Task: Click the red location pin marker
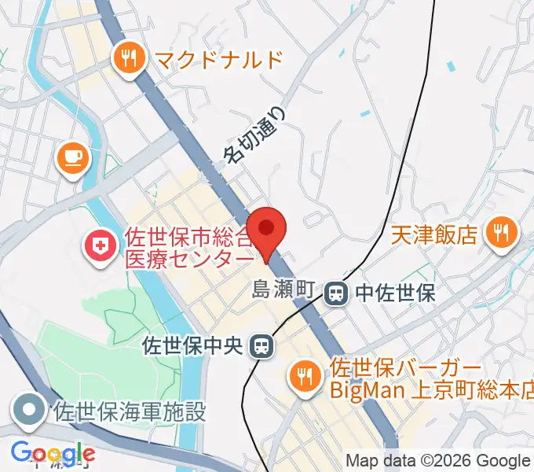coord(267,229)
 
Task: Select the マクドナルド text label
coord(218,58)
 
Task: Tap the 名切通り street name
coord(256,135)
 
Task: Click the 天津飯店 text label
coord(435,234)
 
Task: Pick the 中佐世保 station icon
coord(336,293)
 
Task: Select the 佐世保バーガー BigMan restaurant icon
coord(303,376)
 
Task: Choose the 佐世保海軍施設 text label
coord(130,411)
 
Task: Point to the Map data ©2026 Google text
coord(437,460)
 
